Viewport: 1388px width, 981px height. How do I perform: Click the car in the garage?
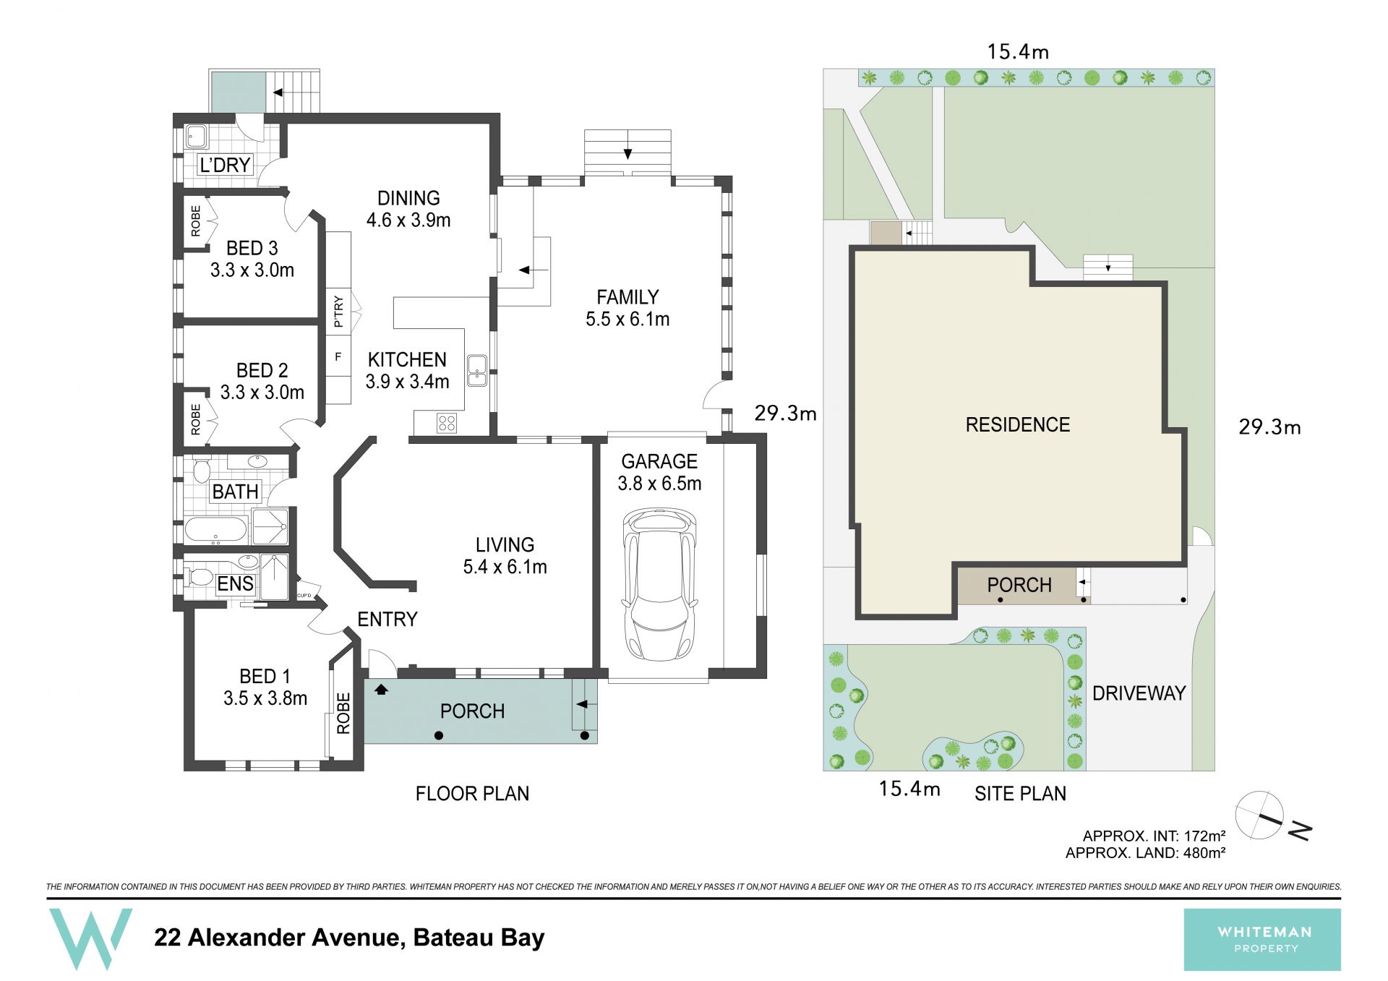(x=659, y=584)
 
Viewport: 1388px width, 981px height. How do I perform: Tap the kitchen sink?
(x=476, y=370)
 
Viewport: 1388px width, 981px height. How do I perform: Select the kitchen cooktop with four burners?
(x=447, y=423)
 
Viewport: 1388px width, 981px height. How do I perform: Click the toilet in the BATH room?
(x=202, y=470)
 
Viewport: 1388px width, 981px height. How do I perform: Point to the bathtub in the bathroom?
(x=216, y=530)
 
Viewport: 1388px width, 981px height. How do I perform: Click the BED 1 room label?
(x=265, y=687)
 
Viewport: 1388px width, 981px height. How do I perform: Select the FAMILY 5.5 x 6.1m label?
(x=627, y=308)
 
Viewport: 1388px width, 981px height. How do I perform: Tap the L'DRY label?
(x=225, y=165)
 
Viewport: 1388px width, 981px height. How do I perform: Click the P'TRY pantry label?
(x=338, y=312)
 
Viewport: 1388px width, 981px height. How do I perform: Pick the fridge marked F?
(x=338, y=356)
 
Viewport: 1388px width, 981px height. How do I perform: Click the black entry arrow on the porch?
(x=381, y=690)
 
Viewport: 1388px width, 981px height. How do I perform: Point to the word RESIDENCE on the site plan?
(x=1017, y=424)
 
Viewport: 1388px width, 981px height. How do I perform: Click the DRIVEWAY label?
(x=1139, y=693)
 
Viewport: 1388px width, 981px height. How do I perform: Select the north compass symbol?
(x=1272, y=818)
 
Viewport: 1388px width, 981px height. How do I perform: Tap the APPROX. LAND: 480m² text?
(x=1145, y=853)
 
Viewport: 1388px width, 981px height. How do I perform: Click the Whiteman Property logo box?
(x=1262, y=940)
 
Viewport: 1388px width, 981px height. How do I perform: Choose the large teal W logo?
(x=90, y=938)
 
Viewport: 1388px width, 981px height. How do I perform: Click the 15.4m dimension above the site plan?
(x=1018, y=52)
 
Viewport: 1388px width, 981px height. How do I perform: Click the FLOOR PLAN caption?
(x=472, y=794)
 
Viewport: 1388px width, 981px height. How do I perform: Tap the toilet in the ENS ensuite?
(x=200, y=577)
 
